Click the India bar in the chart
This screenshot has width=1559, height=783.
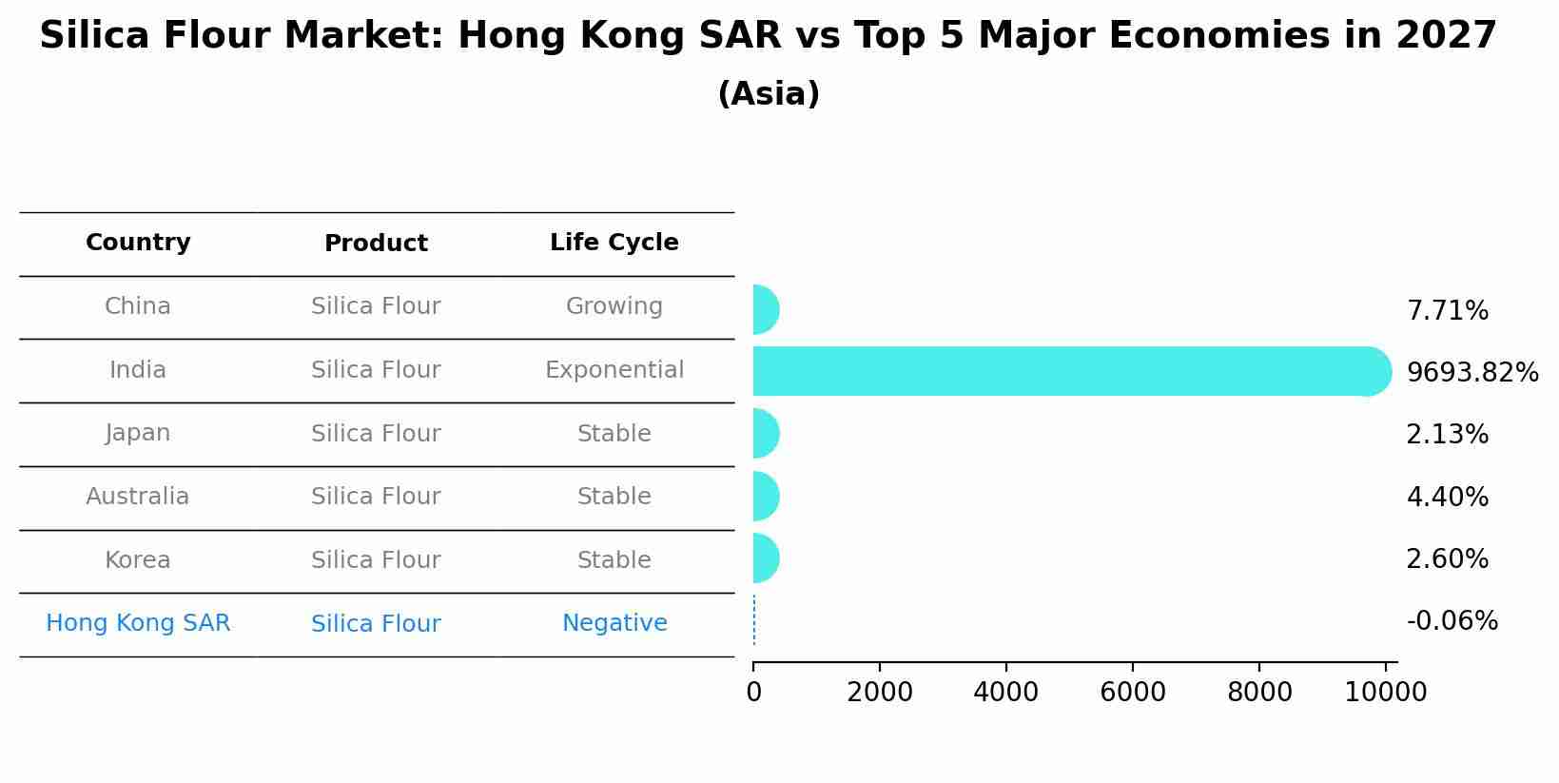point(1065,371)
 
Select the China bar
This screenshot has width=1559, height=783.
point(765,309)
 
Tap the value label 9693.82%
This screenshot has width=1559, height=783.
point(1471,372)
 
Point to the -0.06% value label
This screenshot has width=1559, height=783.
point(1452,621)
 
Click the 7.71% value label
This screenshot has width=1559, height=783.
point(1447,311)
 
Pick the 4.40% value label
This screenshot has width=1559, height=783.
point(1447,497)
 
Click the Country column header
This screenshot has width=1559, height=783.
point(138,243)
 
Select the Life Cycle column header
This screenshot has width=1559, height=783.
point(614,243)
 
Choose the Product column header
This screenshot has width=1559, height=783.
point(376,244)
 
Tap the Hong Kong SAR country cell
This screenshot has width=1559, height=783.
point(138,623)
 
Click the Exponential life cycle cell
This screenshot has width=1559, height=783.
point(614,370)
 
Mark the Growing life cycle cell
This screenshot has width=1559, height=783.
point(614,306)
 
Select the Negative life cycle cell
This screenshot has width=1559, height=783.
point(614,623)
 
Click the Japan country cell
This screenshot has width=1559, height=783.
point(138,433)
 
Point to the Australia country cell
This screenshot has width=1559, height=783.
point(138,497)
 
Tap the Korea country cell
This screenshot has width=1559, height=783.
point(138,560)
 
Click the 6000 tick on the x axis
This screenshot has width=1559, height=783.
point(1132,692)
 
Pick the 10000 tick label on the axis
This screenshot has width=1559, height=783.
point(1385,692)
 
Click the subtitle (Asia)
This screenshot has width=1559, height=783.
point(769,94)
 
